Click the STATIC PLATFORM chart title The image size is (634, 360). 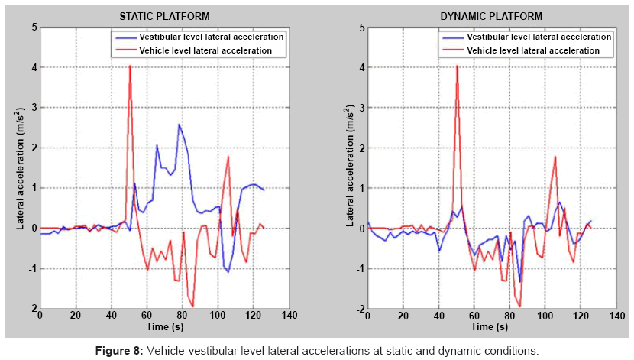point(164,15)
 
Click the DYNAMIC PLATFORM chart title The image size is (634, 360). point(491,15)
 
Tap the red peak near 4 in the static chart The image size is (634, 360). point(130,66)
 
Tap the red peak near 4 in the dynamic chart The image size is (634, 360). point(457,66)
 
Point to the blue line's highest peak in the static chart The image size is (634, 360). point(180,125)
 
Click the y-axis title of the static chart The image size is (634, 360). point(21,167)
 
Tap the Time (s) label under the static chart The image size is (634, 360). point(164,328)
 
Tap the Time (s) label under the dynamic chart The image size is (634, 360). point(491,328)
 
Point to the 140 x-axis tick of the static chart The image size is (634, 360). point(290,316)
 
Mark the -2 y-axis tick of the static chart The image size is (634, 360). point(30,308)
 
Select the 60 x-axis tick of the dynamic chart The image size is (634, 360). point(474,316)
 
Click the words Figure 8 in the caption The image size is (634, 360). point(118,351)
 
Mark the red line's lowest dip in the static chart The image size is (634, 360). point(192,306)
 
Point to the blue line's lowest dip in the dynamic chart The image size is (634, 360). point(519,281)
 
